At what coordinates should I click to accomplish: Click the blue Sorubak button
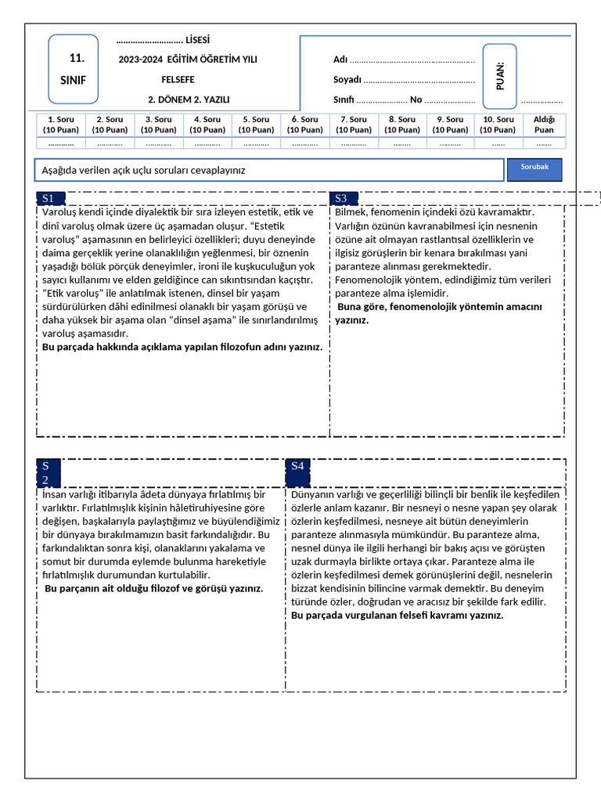click(x=534, y=168)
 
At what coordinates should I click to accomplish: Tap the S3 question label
click(x=342, y=198)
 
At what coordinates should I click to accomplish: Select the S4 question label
click(x=298, y=466)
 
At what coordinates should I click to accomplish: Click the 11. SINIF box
click(x=74, y=69)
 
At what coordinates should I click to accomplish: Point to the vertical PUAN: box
click(x=500, y=75)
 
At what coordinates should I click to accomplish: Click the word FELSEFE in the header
click(x=178, y=79)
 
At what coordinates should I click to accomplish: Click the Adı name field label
click(x=340, y=60)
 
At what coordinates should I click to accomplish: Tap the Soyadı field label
click(x=347, y=79)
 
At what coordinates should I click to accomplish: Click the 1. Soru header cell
click(x=61, y=125)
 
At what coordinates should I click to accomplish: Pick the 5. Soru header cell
click(x=256, y=125)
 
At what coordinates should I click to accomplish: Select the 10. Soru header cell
click(x=498, y=125)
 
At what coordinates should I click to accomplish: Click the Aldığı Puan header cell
click(x=544, y=125)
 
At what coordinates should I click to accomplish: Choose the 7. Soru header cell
click(x=354, y=125)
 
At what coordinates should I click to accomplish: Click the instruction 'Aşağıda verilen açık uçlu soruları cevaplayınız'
click(x=149, y=170)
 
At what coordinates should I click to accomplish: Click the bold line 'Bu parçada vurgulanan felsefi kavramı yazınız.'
click(x=397, y=616)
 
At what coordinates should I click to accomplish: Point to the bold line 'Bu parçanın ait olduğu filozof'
click(x=153, y=588)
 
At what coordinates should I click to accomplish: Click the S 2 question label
click(x=46, y=473)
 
